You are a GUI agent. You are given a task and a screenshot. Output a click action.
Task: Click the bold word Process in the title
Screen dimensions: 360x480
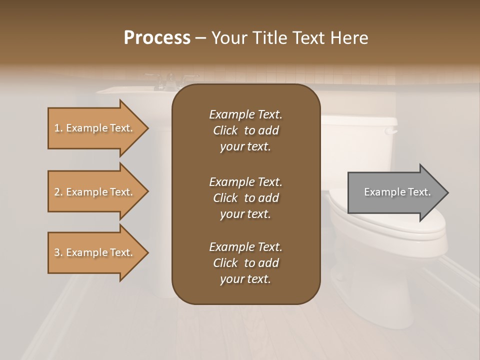point(157,38)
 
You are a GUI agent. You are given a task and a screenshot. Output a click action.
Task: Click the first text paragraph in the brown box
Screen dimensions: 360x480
point(246,130)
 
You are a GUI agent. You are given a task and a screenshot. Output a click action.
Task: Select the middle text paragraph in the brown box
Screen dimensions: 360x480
point(246,198)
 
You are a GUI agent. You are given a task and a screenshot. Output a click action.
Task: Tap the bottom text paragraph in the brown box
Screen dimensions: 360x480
point(246,263)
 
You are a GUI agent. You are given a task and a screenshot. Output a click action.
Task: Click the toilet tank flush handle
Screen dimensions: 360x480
point(391,131)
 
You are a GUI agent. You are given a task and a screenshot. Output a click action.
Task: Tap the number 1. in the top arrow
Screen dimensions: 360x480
point(58,128)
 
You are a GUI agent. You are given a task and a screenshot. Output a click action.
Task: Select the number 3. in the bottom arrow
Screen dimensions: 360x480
point(58,252)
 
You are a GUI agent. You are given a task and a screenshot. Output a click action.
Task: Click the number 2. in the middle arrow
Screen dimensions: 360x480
point(58,192)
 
